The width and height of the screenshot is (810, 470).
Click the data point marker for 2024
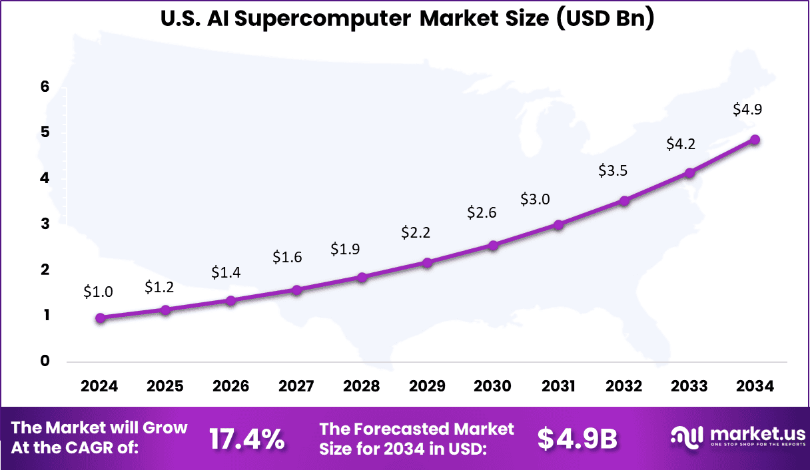point(100,318)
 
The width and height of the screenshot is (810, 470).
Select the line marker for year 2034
point(755,140)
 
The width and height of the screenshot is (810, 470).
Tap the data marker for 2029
point(427,263)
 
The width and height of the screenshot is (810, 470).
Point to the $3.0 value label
point(535,199)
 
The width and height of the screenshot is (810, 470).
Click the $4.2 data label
point(681,144)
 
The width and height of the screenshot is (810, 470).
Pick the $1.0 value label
point(98,292)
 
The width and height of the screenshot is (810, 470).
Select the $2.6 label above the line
point(482,213)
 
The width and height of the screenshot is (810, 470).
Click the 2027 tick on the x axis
point(296,386)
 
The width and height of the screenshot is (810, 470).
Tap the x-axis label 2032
point(624,386)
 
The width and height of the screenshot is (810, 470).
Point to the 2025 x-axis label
point(165,386)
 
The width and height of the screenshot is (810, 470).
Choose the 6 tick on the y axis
point(45,87)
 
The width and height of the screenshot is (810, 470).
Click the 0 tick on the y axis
point(45,361)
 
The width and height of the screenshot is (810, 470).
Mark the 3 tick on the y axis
point(45,224)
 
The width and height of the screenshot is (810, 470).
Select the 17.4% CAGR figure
point(247,438)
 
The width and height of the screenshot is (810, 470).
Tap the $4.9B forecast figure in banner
point(578,438)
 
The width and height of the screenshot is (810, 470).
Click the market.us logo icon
point(686,437)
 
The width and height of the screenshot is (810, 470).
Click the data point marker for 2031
point(558,225)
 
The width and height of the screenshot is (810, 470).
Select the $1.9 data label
point(345,249)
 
